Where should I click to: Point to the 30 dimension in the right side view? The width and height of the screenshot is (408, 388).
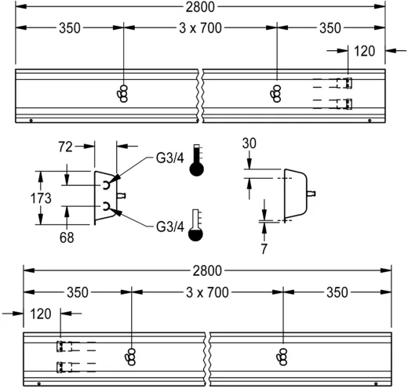pos(250,144)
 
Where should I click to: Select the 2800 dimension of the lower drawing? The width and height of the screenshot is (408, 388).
pos(208,270)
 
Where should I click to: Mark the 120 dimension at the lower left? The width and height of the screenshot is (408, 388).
pos(41,312)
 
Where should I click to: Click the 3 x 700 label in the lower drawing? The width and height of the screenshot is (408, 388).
pos(208,292)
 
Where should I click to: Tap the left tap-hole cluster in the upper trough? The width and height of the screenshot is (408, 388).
pos(122,93)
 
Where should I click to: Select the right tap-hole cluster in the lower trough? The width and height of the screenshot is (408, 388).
pos(282,356)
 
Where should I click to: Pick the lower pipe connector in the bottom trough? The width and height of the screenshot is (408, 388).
pos(60,367)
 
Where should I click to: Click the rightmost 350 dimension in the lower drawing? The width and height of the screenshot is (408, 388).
pos(338,292)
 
